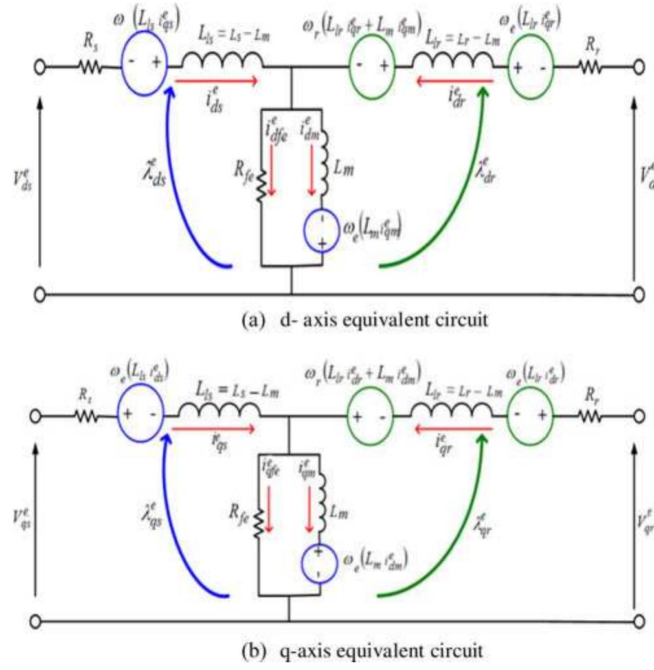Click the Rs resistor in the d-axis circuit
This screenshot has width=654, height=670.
pyautogui.click(x=91, y=66)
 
